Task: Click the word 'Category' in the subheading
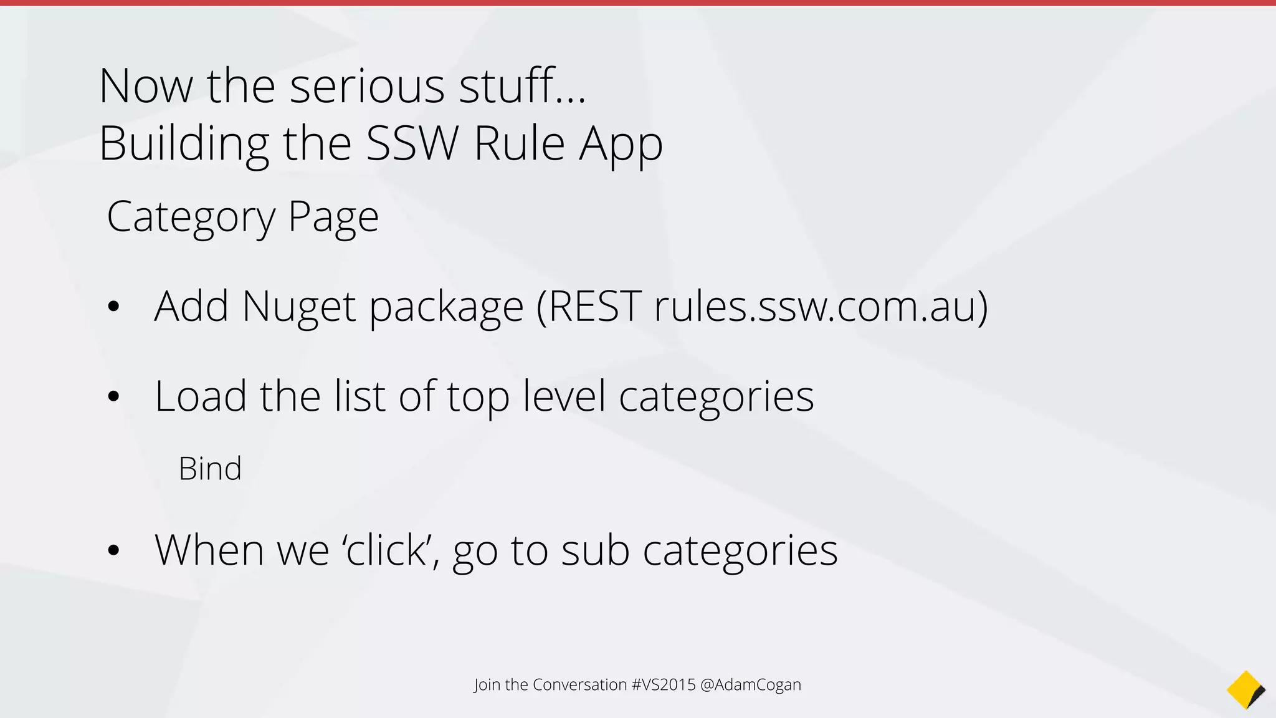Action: [191, 218]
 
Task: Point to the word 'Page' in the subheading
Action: [333, 218]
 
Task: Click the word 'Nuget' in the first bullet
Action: [299, 307]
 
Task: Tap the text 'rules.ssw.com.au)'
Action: [821, 307]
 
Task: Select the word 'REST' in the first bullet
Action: [589, 307]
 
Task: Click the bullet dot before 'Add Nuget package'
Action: [113, 307]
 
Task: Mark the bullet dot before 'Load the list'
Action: [113, 396]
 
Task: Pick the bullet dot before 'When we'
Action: [113, 550]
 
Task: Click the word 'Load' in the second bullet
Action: [201, 396]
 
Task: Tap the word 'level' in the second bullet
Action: [564, 396]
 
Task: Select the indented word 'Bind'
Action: [210, 469]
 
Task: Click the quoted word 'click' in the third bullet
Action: [387, 550]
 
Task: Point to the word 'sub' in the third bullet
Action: [595, 550]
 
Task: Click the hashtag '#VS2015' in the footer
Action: [664, 684]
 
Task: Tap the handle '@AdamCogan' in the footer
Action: [751, 684]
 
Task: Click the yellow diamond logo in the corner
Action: [1245, 689]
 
